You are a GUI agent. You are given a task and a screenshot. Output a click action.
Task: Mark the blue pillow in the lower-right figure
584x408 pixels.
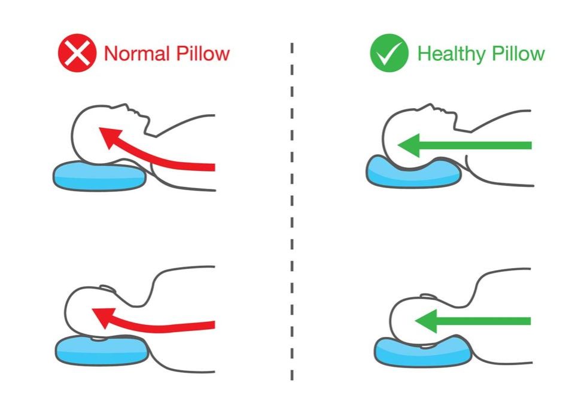[x=419, y=352]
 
